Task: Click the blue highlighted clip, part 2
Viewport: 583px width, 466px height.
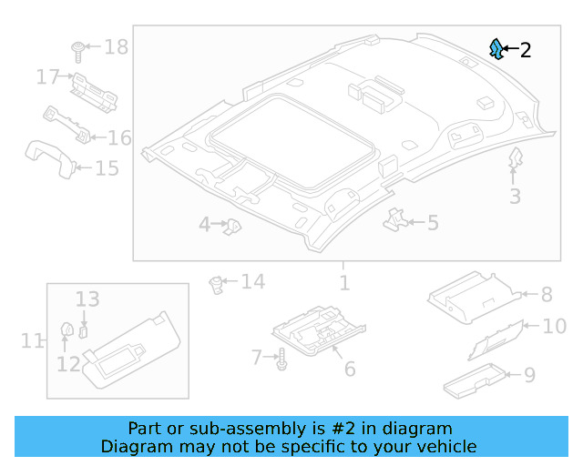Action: coord(496,49)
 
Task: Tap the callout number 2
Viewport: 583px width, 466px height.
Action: coord(525,50)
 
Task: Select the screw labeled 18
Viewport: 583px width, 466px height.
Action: coord(78,46)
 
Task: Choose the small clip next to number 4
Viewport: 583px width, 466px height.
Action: coord(234,224)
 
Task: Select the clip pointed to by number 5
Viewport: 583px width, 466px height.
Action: coord(396,218)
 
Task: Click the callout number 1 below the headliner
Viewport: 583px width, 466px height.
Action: coord(343,283)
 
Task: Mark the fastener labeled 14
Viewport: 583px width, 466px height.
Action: coord(218,283)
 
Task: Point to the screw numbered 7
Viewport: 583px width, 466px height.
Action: coord(282,359)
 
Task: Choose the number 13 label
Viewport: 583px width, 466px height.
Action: coord(87,299)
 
